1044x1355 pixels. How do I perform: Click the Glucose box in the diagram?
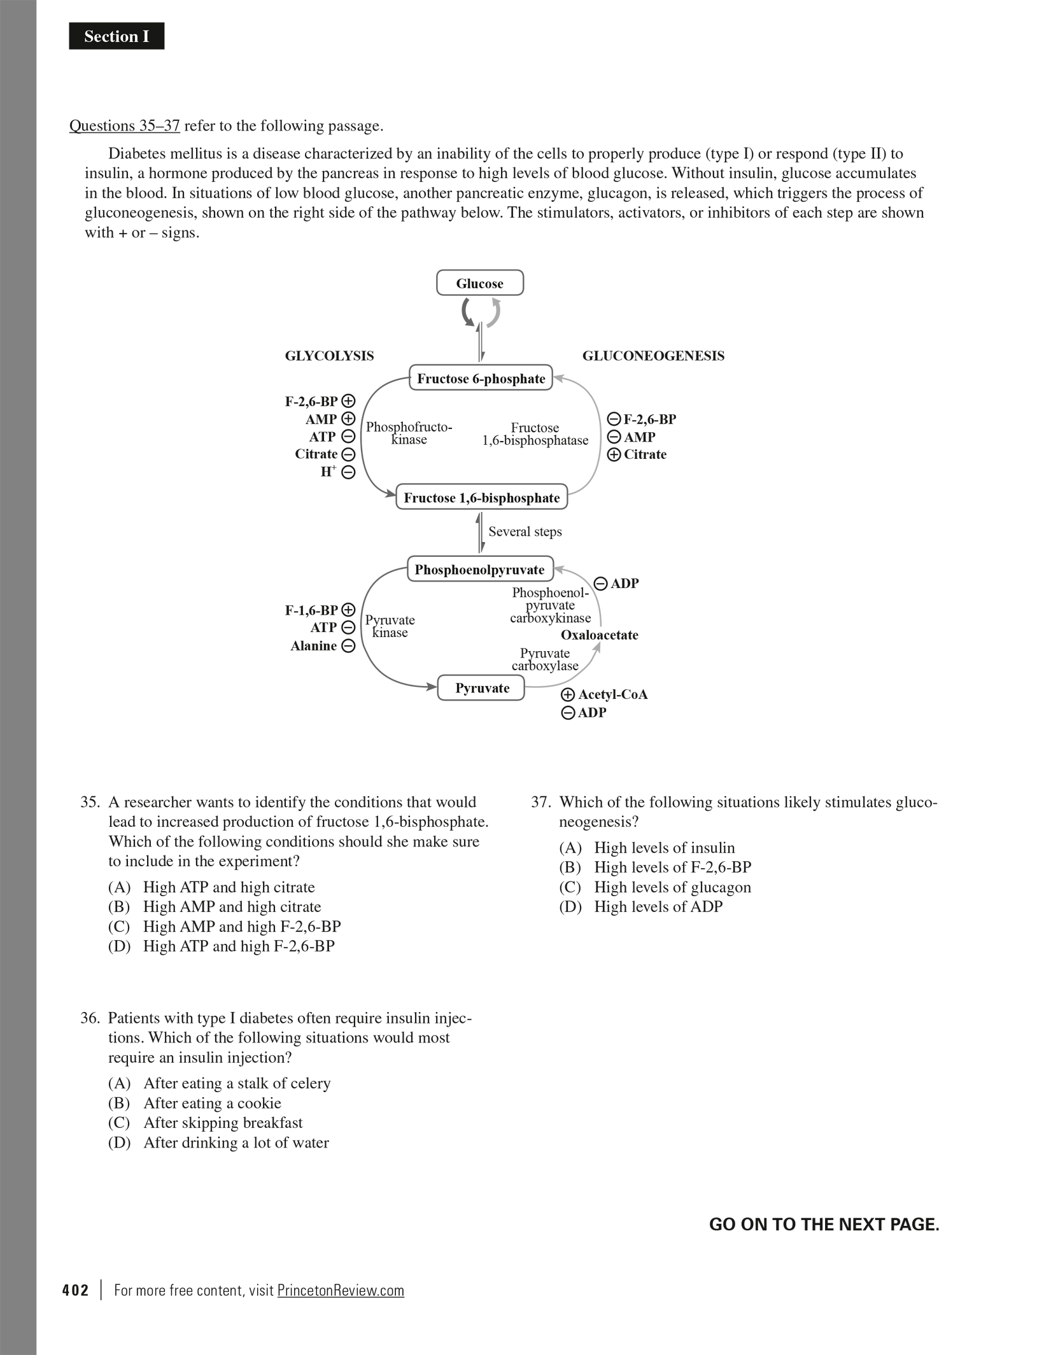coord(479,283)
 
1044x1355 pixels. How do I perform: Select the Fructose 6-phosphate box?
coord(481,379)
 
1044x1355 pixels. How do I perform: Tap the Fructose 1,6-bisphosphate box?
coord(481,498)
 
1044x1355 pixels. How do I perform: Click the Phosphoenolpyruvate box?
coord(479,570)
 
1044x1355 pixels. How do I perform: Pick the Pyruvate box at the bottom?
coord(481,688)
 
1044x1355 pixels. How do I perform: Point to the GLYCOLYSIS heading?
coord(329,356)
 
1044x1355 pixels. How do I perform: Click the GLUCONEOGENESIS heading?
coord(653,356)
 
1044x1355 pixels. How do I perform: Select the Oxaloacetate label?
coord(599,635)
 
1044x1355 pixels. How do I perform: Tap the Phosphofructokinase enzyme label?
coord(409,433)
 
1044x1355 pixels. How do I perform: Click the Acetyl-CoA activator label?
coord(612,694)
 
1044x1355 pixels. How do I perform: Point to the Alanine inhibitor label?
coord(314,646)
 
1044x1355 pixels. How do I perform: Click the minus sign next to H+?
coord(348,472)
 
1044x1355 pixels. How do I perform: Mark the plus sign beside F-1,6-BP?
coord(348,610)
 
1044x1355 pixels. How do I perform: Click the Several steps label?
coord(525,531)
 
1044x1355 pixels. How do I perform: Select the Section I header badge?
coord(116,36)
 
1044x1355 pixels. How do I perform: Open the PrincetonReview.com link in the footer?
coord(341,1290)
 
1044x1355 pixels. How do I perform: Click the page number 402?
coord(75,1290)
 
